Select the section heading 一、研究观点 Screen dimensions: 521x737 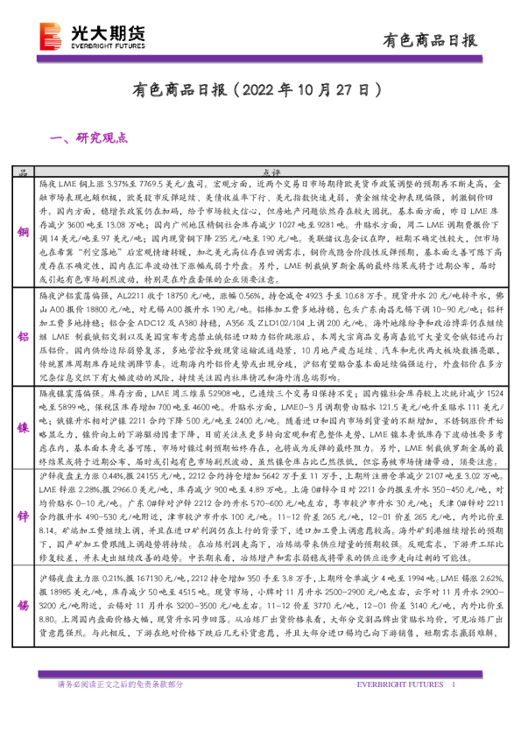90,137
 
